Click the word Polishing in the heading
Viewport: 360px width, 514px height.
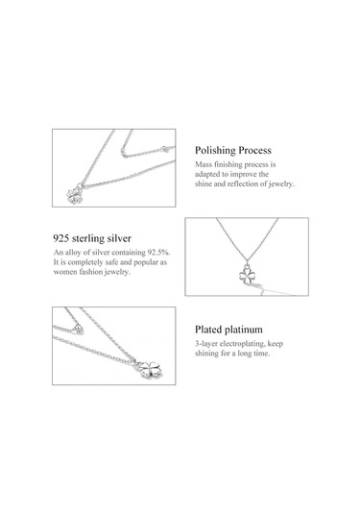point(215,151)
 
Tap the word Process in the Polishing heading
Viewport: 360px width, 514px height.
point(254,151)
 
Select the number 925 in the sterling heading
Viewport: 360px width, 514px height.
point(60,238)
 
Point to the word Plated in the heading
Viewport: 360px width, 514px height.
point(209,330)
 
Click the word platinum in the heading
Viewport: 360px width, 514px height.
point(244,330)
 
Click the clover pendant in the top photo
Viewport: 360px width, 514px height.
point(75,195)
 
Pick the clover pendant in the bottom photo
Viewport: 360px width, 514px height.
point(150,370)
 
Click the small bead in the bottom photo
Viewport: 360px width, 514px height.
point(79,329)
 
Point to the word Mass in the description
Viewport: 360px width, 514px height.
point(204,164)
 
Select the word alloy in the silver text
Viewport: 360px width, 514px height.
point(73,253)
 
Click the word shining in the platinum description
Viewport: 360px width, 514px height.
point(207,354)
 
